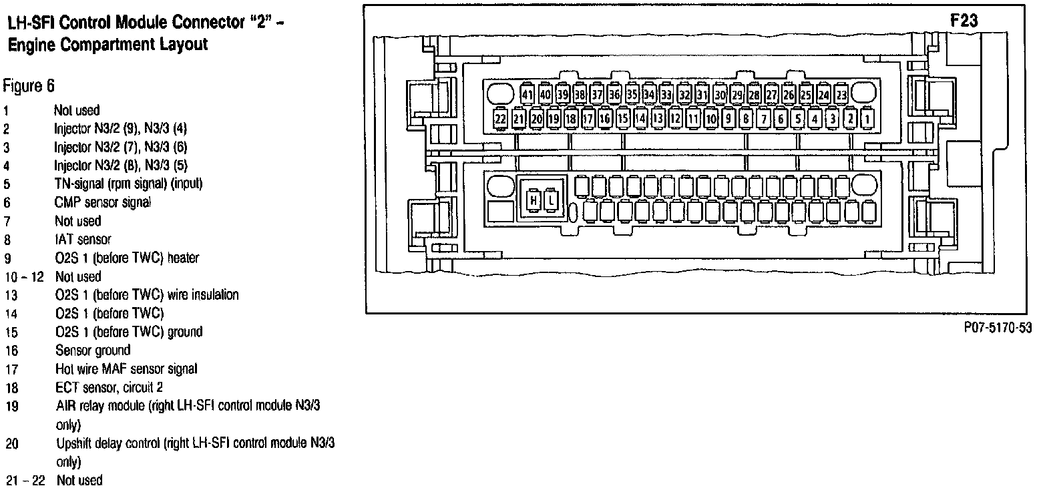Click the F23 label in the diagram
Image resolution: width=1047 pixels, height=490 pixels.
(964, 21)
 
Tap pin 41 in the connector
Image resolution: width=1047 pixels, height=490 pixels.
(528, 95)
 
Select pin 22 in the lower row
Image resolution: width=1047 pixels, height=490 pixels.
(501, 119)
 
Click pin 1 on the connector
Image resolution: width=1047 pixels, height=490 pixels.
(867, 119)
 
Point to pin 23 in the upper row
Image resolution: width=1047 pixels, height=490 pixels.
(841, 95)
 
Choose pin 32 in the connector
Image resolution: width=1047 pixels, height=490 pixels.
(684, 95)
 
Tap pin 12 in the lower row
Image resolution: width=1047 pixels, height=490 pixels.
(675, 119)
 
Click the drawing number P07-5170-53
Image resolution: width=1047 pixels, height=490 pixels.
(998, 327)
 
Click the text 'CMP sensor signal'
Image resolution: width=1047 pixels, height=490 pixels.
(103, 202)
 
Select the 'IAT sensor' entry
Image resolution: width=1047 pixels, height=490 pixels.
(83, 239)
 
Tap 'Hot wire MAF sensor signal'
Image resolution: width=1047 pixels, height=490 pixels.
(126, 369)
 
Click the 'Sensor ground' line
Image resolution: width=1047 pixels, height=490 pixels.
(93, 350)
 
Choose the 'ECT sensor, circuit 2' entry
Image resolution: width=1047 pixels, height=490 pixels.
(110, 387)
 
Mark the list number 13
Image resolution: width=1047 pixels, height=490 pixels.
(11, 295)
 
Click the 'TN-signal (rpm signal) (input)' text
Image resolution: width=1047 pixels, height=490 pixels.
(129, 184)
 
